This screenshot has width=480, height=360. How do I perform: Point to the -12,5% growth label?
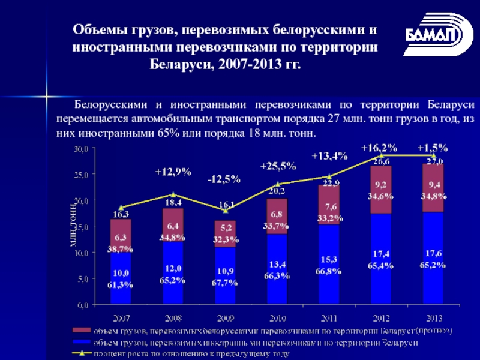click(224, 179)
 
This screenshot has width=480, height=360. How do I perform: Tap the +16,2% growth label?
click(379, 147)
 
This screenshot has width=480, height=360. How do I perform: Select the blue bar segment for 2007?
click(121, 279)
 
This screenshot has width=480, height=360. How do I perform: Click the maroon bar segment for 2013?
click(433, 187)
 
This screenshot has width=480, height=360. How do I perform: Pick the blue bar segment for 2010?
click(277, 270)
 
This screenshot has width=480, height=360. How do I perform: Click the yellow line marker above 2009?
click(225, 209)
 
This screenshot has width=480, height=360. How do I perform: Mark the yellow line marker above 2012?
click(381, 155)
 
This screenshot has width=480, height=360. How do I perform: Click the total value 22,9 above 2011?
click(329, 182)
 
